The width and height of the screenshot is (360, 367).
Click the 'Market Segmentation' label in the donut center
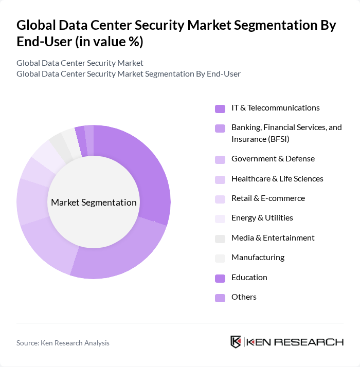pos(94,202)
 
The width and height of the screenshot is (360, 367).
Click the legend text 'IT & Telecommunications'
pos(275,107)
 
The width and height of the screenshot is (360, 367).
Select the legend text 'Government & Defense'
pos(273,158)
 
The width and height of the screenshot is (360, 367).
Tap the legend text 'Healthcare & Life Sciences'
pos(277,178)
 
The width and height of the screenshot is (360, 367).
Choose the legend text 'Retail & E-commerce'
pos(268,198)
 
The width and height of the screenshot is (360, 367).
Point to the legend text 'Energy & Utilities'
pos(262,217)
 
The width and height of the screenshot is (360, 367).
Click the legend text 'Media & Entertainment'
pos(273,237)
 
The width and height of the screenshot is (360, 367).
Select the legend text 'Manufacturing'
pos(258,257)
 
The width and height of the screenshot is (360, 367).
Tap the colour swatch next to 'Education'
pos(220,278)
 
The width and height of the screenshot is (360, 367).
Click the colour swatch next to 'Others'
pos(220,298)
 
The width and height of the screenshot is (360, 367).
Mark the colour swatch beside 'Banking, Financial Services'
pos(220,128)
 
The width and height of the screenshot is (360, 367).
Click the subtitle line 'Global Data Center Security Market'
pos(80,63)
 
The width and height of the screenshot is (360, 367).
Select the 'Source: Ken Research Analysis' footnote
pos(63,343)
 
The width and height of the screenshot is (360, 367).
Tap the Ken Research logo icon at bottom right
pos(236,342)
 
